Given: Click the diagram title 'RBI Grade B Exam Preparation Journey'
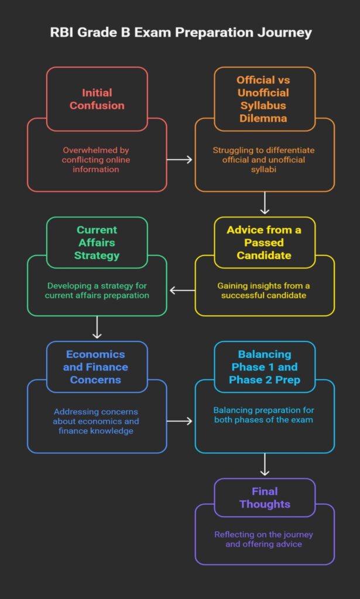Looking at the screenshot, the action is [181, 33].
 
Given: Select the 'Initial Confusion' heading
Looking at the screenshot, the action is [97, 99].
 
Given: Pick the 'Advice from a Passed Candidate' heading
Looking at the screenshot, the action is [265, 243].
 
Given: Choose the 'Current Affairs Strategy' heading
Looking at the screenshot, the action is [97, 243].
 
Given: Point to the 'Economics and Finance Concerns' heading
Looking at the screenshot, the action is [97, 367].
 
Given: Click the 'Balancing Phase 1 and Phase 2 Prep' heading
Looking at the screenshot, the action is [265, 367].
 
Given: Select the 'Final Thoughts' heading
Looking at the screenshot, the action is [265, 497].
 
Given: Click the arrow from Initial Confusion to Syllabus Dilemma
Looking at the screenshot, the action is [180, 159].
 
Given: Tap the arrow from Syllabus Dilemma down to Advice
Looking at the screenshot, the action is [265, 203].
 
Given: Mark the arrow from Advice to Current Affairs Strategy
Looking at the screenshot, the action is [182, 291].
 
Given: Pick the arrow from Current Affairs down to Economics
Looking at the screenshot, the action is [97, 327].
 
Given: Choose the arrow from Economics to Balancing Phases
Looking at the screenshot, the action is [180, 421].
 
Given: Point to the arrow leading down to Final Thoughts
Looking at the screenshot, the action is [265, 464].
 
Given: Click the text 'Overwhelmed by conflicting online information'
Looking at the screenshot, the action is [96, 160].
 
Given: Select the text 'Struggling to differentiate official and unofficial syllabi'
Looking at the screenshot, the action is [263, 160].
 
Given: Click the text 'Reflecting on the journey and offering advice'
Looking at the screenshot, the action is [263, 539].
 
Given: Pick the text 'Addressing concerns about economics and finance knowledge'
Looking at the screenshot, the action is [96, 421].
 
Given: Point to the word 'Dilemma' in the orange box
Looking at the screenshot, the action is [263, 118].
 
